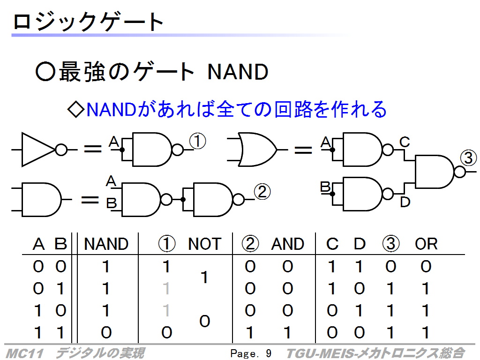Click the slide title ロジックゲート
(88, 22)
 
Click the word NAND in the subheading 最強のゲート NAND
(238, 72)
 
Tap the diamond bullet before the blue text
(75, 110)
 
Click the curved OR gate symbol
(257, 150)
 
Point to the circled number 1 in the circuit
(197, 141)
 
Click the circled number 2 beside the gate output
(262, 192)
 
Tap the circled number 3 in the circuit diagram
(468, 158)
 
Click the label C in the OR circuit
(405, 142)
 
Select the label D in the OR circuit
(405, 202)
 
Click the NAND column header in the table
(106, 244)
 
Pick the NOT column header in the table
(204, 244)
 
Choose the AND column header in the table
(287, 244)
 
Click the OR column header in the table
(426, 244)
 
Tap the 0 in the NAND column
(106, 332)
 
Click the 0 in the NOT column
(204, 321)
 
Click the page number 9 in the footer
(269, 353)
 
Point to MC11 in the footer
(24, 353)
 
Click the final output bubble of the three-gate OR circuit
(459, 172)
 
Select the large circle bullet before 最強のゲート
(45, 72)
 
